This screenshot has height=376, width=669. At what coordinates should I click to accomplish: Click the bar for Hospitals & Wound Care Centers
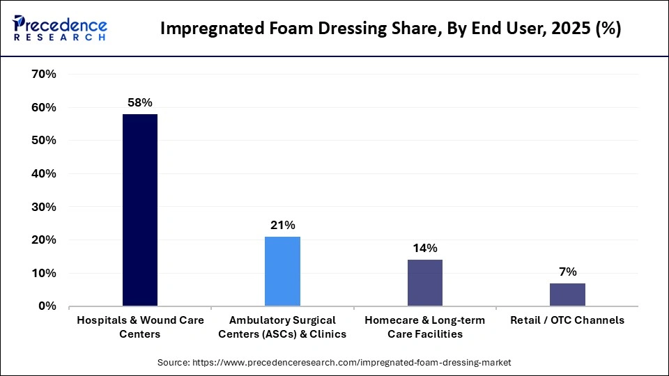140,210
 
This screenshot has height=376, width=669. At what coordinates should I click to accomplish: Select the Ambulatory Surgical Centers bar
282,271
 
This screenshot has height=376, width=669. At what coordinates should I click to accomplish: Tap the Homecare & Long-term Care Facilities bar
424,283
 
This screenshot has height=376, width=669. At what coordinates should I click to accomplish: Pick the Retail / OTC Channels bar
567,295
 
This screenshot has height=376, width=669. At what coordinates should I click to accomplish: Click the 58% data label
140,102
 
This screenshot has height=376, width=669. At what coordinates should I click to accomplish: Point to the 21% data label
283,225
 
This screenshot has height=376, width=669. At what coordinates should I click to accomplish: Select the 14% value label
424,248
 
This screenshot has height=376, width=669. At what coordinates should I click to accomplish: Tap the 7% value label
567,272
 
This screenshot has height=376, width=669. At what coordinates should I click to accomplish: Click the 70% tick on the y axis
43,75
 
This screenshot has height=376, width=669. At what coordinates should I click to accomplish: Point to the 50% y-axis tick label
43,141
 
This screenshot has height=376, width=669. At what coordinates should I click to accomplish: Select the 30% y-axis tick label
43,207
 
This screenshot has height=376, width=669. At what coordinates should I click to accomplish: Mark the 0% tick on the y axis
47,306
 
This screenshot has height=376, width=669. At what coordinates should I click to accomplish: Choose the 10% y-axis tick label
43,274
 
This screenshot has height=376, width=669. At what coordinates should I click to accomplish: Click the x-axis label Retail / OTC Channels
567,320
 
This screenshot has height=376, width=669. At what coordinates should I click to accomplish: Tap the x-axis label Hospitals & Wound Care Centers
140,327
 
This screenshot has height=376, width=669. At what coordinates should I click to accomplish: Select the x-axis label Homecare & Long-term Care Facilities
424,327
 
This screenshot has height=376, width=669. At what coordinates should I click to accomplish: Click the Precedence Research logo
60,29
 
